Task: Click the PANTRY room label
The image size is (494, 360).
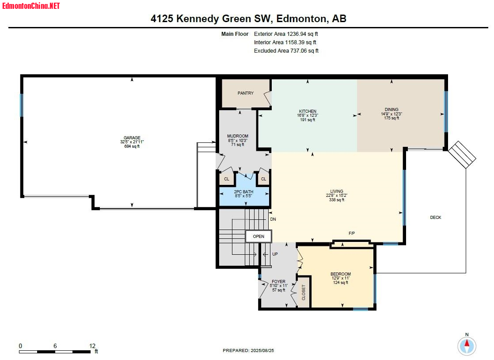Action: (245, 93)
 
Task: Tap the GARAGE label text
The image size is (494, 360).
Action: (132, 138)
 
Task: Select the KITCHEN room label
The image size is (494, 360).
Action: (308, 111)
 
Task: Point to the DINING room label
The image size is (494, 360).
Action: (391, 109)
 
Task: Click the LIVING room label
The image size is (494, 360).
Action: (336, 191)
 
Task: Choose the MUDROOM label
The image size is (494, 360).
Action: (238, 136)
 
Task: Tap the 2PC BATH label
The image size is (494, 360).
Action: (243, 191)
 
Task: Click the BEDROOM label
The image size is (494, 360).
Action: (341, 274)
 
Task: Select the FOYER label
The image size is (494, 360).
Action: (278, 282)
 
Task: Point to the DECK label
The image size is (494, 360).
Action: (435, 218)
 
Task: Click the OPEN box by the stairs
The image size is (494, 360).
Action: (258, 237)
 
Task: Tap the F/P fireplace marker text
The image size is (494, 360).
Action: (352, 233)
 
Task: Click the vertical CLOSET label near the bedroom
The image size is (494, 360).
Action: (304, 292)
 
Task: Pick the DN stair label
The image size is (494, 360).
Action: (273, 219)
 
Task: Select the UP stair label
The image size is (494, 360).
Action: (275, 254)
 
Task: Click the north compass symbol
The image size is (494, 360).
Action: (467, 346)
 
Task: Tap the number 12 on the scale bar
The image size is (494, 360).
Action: (92, 346)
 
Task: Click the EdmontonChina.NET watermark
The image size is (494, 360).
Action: (30, 6)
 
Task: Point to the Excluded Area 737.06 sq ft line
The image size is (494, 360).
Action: (286, 51)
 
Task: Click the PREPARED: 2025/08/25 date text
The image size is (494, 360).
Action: (248, 351)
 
